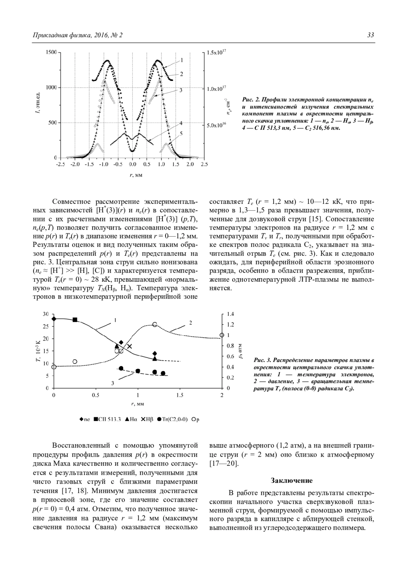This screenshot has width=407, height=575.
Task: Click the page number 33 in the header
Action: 371,35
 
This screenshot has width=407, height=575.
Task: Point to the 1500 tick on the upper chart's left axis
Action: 52,52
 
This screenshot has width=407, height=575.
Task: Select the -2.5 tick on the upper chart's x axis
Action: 60,165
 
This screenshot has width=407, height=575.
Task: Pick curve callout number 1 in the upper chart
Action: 182,60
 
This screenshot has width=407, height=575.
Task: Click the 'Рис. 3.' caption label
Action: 262,360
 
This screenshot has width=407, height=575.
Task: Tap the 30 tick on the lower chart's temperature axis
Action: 46,314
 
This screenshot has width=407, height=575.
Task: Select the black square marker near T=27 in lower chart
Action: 75,320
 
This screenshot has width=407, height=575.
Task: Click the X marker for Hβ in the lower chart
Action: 130,346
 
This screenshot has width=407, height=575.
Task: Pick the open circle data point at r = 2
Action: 222,335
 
